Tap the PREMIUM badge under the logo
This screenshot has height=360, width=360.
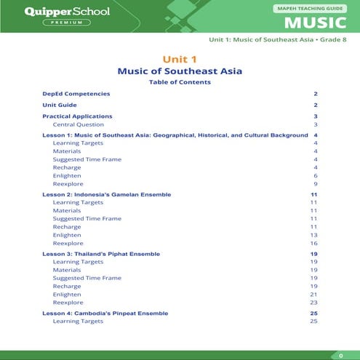(x=66, y=23)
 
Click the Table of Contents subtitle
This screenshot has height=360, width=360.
(x=180, y=82)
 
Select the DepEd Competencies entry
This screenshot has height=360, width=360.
(x=76, y=94)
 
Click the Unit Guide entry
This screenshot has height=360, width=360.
(x=60, y=105)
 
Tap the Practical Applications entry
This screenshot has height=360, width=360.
(x=77, y=116)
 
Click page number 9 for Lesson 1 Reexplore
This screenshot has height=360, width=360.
(x=316, y=185)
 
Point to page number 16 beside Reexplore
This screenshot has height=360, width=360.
(x=314, y=244)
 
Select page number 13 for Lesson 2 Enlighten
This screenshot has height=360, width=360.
(x=314, y=235)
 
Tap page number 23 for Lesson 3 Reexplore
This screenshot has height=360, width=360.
(x=314, y=303)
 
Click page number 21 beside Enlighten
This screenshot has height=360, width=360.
(x=314, y=294)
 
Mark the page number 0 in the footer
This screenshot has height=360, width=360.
(x=341, y=355)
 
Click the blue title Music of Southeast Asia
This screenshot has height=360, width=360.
(x=180, y=71)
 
